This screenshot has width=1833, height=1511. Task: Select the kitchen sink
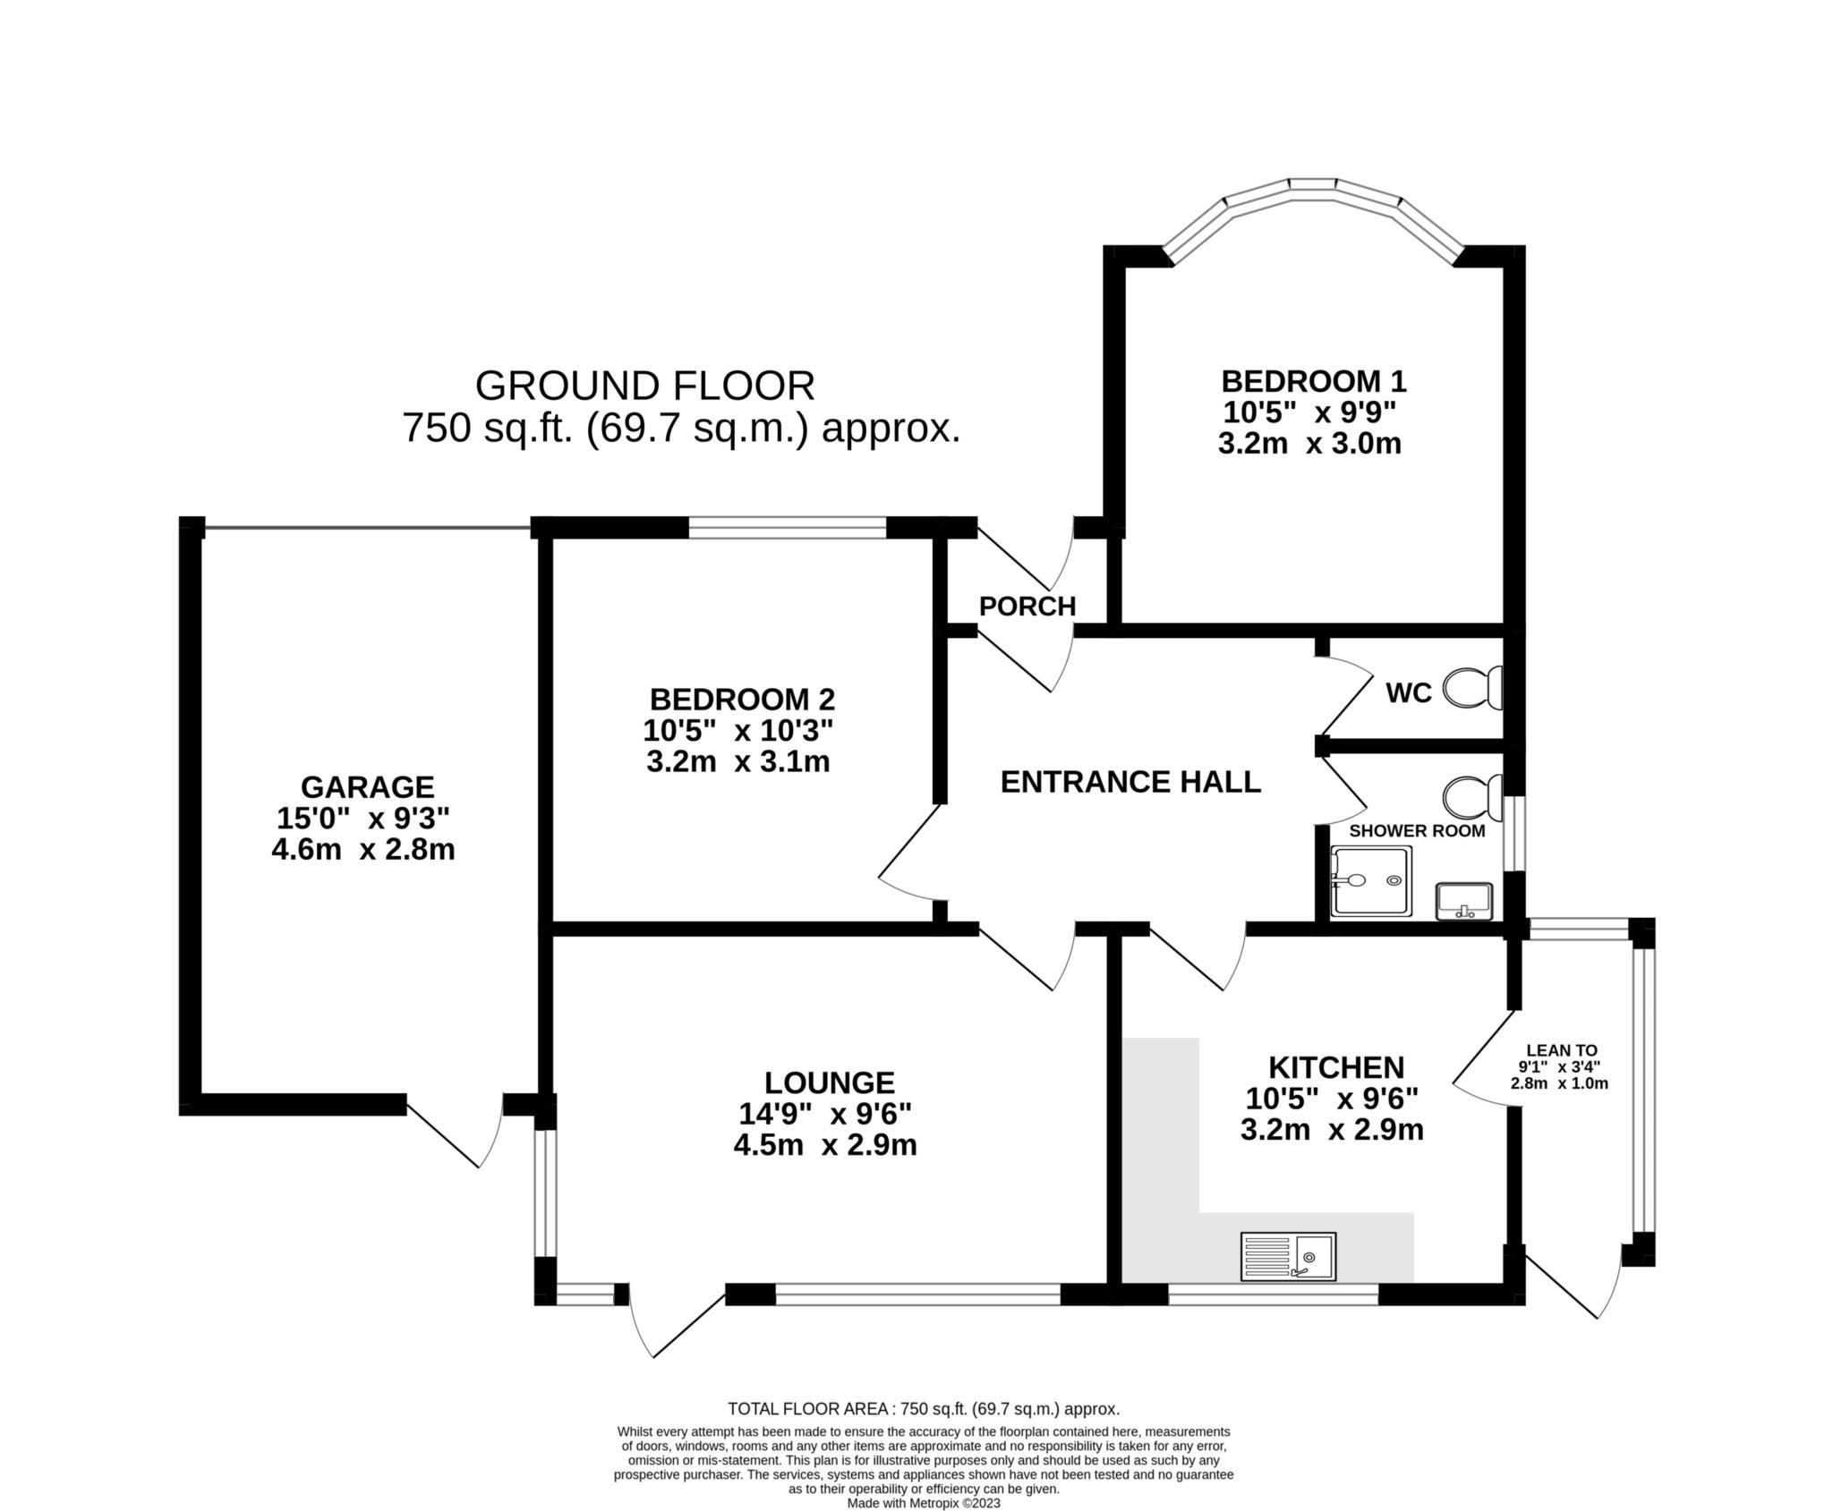pyautogui.click(x=1287, y=1255)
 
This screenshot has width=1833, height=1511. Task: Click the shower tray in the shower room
pyautogui.click(x=1371, y=881)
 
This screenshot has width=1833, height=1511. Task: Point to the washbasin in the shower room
pyautogui.click(x=1463, y=901)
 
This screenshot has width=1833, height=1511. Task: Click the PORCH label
pyautogui.click(x=1027, y=607)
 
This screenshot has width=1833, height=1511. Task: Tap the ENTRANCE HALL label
pyautogui.click(x=1130, y=782)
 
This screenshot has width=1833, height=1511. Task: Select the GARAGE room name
pyautogui.click(x=367, y=787)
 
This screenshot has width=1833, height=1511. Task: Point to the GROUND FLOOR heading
pyautogui.click(x=644, y=386)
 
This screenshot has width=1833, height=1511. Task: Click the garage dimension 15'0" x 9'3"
pyautogui.click(x=363, y=819)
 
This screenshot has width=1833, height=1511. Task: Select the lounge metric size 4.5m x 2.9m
pyautogui.click(x=825, y=1145)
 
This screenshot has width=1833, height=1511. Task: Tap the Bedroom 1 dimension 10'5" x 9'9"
pyautogui.click(x=1310, y=412)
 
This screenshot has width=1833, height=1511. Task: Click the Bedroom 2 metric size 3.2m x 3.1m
pyautogui.click(x=738, y=762)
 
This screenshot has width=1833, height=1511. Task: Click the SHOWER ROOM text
pyautogui.click(x=1417, y=830)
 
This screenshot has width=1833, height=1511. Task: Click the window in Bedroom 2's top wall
pyautogui.click(x=788, y=528)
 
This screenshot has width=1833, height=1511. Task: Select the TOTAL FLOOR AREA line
pyautogui.click(x=924, y=1409)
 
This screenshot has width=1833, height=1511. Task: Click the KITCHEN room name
pyautogui.click(x=1336, y=1067)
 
